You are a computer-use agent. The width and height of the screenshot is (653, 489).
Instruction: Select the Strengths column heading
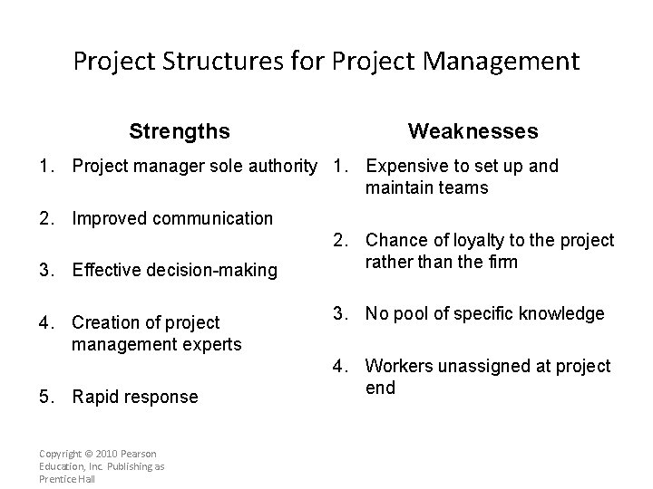coord(180,131)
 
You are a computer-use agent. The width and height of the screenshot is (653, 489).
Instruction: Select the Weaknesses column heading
coord(473,131)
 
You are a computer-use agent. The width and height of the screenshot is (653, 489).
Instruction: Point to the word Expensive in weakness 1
coord(404,166)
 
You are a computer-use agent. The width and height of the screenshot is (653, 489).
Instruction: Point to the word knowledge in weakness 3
coord(560,314)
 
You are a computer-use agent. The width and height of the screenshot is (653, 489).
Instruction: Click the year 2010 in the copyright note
coord(107,453)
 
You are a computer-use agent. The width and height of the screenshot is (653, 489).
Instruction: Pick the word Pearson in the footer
coord(138,453)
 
